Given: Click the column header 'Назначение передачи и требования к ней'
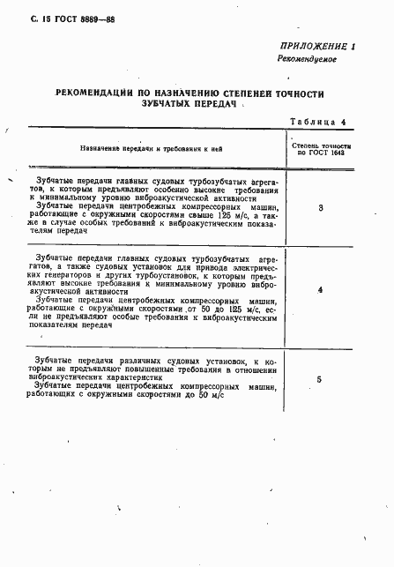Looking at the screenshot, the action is (x=150, y=149).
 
